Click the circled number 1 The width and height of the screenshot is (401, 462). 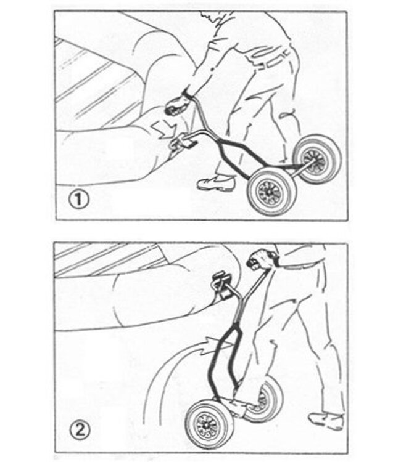[x=78, y=200]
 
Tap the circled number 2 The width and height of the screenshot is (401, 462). [x=80, y=431]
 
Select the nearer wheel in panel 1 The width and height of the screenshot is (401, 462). [x=271, y=192]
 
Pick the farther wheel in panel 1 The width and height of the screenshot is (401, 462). [x=317, y=159]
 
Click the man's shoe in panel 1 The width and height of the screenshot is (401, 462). [x=217, y=182]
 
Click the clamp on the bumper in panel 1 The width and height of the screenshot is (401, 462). [x=181, y=143]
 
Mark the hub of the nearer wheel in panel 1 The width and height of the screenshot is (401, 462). [x=270, y=193]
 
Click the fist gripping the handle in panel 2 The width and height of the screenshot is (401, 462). [x=262, y=259]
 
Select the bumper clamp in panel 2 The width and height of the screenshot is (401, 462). [x=222, y=285]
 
